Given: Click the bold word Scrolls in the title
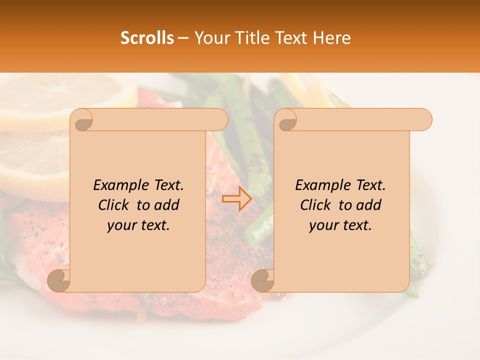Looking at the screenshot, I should point(147,38).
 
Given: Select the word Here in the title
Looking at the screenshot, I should point(332,38).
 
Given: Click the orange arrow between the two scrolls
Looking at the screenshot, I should point(236,198).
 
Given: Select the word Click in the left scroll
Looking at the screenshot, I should point(113,205).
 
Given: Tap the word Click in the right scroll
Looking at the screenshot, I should point(315,205).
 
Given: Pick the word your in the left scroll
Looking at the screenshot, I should point(121,225).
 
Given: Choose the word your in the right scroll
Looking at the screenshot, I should point(323,225).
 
